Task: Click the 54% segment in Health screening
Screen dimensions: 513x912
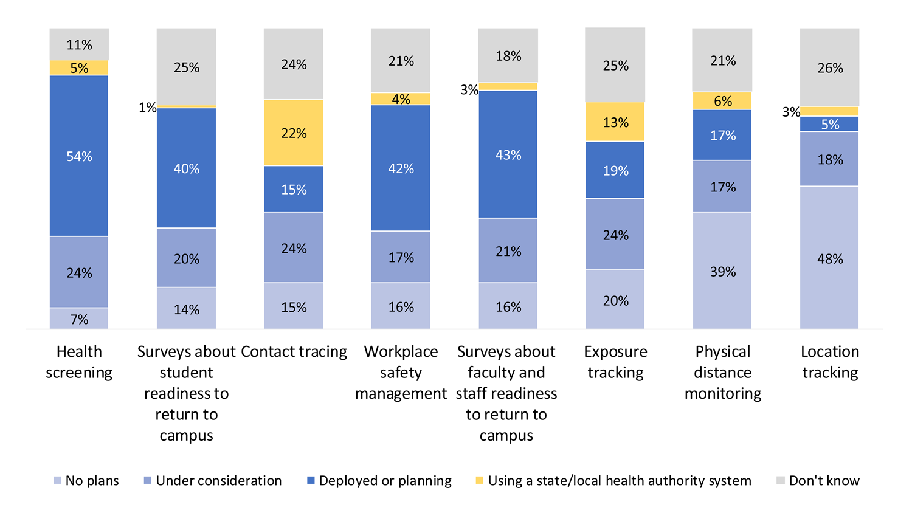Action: tap(79, 156)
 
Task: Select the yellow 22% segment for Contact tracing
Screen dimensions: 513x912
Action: tap(294, 133)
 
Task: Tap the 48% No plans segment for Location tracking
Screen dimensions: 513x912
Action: tap(829, 258)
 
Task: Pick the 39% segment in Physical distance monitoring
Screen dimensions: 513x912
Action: tap(722, 270)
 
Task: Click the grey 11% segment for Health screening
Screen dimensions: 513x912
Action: tap(79, 44)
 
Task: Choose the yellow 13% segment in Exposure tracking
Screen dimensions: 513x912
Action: tap(615, 122)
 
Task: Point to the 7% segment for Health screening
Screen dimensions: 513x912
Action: tap(79, 318)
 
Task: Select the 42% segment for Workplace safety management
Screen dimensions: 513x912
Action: tap(401, 168)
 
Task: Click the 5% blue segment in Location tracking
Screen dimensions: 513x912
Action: tap(829, 124)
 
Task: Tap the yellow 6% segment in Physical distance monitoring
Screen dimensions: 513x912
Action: tap(722, 101)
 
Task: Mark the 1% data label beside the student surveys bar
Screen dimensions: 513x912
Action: tap(147, 108)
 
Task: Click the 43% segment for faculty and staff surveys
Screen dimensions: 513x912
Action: tap(508, 154)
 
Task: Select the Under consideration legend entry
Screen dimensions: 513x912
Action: tap(212, 481)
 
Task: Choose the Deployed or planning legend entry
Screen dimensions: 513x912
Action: tap(379, 481)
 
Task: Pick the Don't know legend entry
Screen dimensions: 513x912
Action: tap(818, 481)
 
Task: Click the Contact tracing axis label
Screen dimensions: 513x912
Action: tap(294, 351)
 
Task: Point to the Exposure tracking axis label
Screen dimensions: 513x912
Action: tap(615, 362)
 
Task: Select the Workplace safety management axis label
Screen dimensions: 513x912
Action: tap(401, 372)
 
